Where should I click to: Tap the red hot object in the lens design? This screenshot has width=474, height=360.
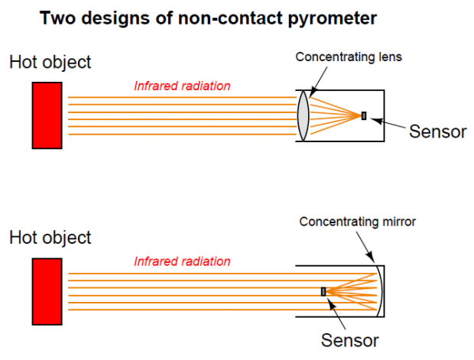[47, 115]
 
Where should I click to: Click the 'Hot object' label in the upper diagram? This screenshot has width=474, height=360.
[50, 63]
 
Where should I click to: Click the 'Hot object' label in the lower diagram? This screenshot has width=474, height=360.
[50, 238]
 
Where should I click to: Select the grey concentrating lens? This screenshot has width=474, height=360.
[303, 115]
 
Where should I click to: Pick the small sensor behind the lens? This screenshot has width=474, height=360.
[364, 115]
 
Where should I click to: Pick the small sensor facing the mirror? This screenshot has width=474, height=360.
[323, 291]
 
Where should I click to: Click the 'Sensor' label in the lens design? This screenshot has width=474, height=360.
[437, 131]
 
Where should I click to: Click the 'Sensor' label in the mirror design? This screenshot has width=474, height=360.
[349, 339]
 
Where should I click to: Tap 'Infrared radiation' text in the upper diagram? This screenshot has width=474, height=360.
[182, 86]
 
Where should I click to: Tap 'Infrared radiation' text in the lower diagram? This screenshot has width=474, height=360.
[182, 261]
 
